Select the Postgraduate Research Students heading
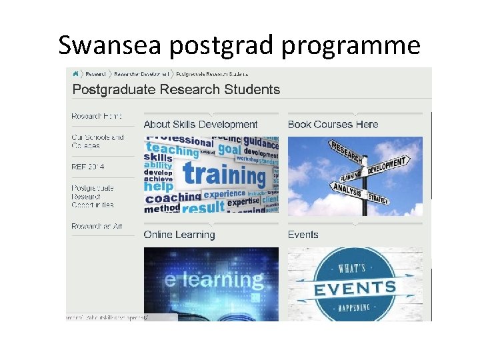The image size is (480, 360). tap(176, 89)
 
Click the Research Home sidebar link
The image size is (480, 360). tap(97, 116)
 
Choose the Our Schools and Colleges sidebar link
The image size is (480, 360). tap(97, 141)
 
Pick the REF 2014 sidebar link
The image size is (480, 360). tap(88, 167)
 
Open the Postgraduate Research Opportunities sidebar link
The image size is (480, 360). tap(93, 197)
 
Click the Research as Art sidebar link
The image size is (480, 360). tap(97, 227)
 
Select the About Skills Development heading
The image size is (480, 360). tap(200, 124)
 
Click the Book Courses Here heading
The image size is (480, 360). tap(333, 124)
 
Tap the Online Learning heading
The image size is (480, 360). tap(179, 235)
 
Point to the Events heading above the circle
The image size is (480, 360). tap(303, 235)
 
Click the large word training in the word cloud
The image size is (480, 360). tap(223, 175)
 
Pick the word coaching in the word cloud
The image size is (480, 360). tap(173, 198)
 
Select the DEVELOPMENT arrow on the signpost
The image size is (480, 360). tap(386, 165)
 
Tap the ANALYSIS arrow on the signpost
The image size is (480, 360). tap(345, 191)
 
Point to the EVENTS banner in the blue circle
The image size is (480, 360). tap(355, 289)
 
